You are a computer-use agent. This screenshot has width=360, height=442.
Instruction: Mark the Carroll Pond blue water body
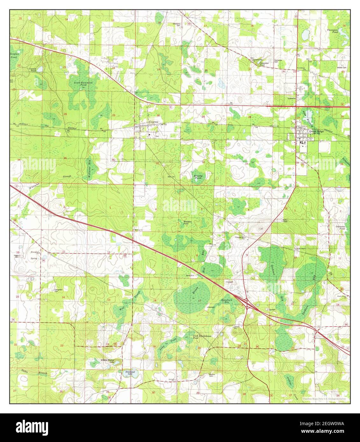[39, 69]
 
